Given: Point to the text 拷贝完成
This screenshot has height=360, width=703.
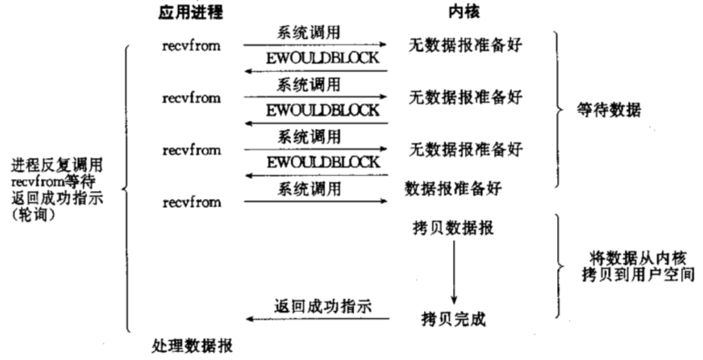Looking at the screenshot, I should pos(454,317).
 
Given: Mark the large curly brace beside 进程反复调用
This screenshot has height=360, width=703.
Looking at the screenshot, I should pos(126,189).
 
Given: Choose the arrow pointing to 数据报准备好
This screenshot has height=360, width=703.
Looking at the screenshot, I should pos(316,201).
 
